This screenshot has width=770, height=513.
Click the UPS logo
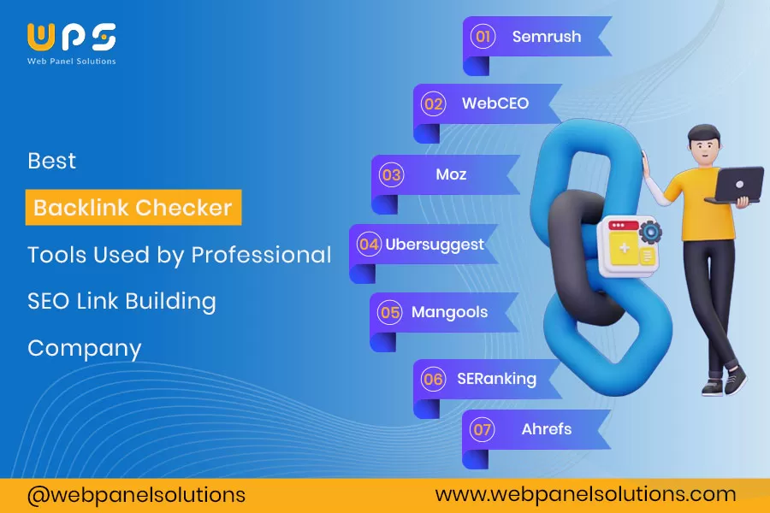click(72, 38)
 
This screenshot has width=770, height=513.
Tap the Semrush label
click(546, 37)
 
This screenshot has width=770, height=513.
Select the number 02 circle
click(434, 104)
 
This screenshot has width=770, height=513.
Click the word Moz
click(451, 174)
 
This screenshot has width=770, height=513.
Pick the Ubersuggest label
click(434, 245)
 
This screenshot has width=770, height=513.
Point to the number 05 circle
click(390, 313)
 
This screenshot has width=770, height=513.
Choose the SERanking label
click(496, 378)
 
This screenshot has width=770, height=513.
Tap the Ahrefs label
click(546, 429)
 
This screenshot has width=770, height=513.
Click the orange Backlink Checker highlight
click(133, 208)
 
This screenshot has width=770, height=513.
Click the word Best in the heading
click(51, 161)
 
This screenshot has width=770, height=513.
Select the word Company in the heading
click(84, 348)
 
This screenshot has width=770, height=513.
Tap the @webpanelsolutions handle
click(136, 494)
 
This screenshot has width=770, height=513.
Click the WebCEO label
click(495, 103)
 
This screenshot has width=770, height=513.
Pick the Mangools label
click(449, 312)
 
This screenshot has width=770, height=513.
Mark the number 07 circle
click(483, 429)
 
